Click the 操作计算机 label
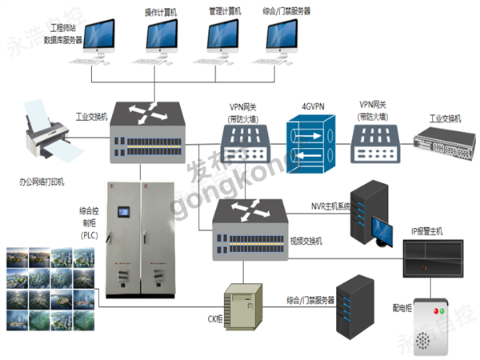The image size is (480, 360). pos(162,13)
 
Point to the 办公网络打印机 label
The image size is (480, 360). pos(42,180)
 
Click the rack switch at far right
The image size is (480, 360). pos(445,145)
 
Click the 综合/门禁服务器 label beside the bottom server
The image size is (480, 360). pos(310,302)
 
